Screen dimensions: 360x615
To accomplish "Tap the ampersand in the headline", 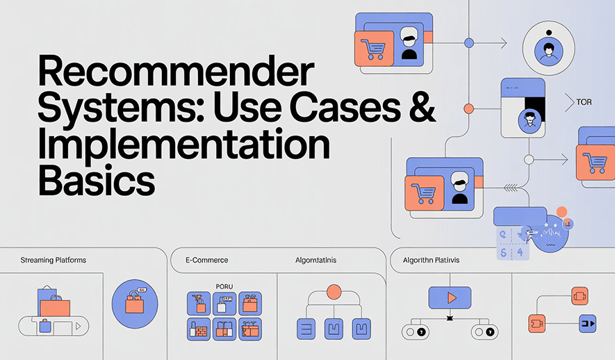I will pos(419,108).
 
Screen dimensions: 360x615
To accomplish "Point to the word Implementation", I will pos(183,144).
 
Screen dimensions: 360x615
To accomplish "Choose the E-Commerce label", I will pos(206,260).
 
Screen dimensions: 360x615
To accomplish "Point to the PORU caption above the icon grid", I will pos(224,286).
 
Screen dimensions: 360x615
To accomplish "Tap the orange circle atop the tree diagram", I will pos(334,292).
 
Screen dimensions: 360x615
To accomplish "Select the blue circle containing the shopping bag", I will pos(135,303).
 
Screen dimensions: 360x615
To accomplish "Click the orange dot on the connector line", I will pos(468,108).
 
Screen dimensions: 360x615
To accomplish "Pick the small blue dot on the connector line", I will pos(468,43).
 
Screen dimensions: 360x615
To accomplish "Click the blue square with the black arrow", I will pos(588,323).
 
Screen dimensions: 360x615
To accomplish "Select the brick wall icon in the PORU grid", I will pos(198,329).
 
